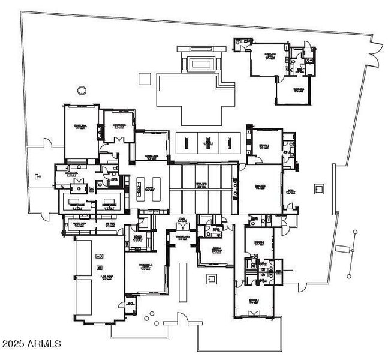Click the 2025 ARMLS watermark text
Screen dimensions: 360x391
pos(31,344)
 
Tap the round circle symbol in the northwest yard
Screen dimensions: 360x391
pos(82,91)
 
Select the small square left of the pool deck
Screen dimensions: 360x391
pos(143,78)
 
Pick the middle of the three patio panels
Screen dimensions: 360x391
pos(208,142)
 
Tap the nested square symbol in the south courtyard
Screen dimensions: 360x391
pos(211,279)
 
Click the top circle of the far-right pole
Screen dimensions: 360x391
pos(355,232)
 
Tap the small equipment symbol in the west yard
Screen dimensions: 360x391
pos(38,176)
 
